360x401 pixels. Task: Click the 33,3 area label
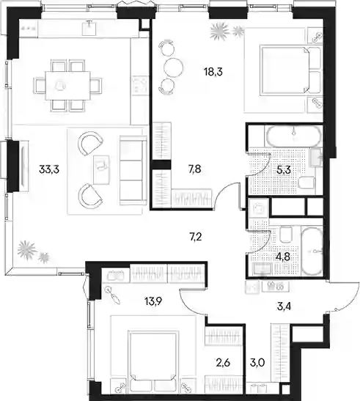49,169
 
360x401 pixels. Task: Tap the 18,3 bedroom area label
213,72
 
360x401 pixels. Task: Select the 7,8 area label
195,169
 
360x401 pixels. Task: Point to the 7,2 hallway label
196,237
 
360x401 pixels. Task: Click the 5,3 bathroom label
284,170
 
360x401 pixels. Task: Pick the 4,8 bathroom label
283,257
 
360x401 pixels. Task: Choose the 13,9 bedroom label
153,301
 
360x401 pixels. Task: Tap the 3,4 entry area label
284,306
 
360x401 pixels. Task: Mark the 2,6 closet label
223,362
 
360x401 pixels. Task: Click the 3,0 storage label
257,362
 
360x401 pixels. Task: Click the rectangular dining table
67,86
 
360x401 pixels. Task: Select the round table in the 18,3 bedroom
173,67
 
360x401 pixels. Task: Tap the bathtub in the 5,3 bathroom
293,135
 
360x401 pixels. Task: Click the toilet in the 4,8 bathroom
286,235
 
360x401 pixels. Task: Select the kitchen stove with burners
140,85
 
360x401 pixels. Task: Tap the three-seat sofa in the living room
132,170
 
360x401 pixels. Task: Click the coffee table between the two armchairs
101,170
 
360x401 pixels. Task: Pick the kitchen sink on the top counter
89,28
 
